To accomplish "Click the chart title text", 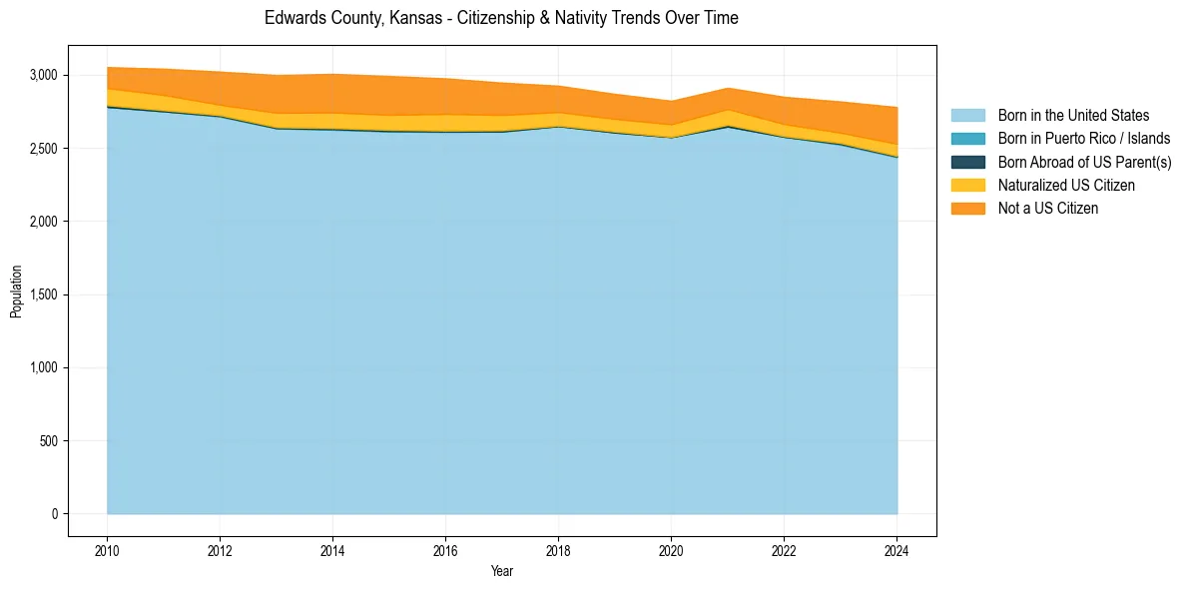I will [x=501, y=18].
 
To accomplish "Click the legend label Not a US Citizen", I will [x=1048, y=208].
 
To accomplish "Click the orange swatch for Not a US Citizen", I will [x=967, y=208].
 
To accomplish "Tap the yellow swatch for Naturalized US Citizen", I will [x=967, y=185].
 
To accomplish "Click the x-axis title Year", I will [x=502, y=571].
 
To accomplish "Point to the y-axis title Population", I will [x=16, y=292].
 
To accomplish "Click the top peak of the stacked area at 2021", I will [x=728, y=88].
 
